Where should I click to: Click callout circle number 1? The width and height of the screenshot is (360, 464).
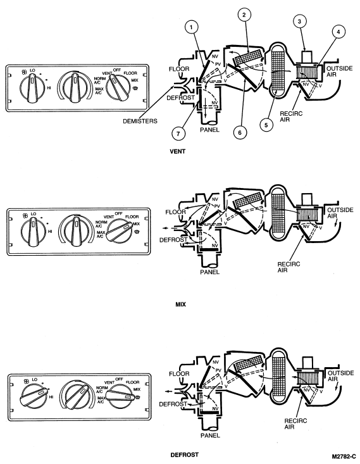(x=191, y=27)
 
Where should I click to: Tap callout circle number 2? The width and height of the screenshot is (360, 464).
(x=244, y=15)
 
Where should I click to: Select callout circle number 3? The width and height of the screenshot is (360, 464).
(x=299, y=22)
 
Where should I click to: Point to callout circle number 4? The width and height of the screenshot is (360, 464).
(x=338, y=32)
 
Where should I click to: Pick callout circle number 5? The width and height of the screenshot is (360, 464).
(x=266, y=125)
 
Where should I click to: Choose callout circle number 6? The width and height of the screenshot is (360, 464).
(x=240, y=132)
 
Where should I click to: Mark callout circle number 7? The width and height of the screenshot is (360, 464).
(x=178, y=134)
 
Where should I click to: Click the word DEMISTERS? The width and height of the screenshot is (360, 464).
(x=140, y=121)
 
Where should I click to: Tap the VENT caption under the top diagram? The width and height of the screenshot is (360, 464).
(x=178, y=151)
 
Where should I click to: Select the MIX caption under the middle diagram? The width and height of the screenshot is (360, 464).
(x=181, y=304)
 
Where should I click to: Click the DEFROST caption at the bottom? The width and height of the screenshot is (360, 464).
(x=185, y=455)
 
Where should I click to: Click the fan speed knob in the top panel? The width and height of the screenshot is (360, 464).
(x=32, y=88)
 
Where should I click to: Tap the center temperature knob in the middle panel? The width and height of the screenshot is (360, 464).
(x=77, y=231)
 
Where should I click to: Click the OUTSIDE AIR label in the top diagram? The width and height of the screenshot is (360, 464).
(x=340, y=72)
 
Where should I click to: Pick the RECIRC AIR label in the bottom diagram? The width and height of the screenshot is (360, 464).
(x=295, y=423)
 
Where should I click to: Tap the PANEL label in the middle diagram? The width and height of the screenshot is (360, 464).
(x=209, y=272)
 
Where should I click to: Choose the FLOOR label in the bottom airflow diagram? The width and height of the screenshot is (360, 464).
(x=179, y=374)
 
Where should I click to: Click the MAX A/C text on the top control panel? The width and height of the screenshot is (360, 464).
(x=99, y=91)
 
